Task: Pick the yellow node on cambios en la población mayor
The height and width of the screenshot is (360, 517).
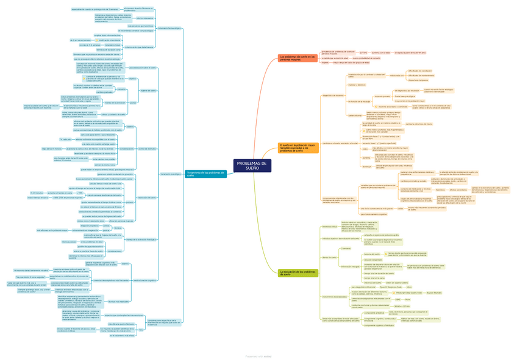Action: tap(298, 147)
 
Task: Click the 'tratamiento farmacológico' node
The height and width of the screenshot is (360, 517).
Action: tap(169, 28)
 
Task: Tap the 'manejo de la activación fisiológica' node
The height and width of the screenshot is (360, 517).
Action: tap(141, 239)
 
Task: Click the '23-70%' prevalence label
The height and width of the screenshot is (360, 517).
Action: tap(363, 53)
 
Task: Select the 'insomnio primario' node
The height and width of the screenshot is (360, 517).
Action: tap(382, 96)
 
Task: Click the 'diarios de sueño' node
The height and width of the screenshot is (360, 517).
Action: tap(330, 257)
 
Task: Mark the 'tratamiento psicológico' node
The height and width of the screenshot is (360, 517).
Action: tap(171, 174)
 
